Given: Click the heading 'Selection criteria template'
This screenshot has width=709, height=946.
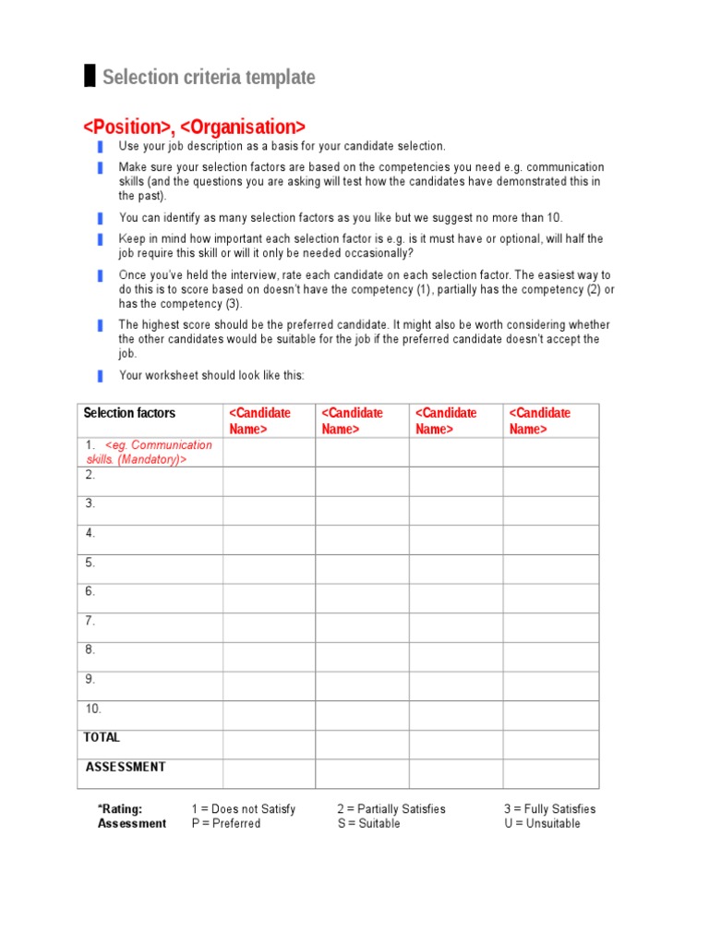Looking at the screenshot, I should pyautogui.click(x=209, y=78).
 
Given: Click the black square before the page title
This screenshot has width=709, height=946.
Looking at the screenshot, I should pyautogui.click(x=90, y=77).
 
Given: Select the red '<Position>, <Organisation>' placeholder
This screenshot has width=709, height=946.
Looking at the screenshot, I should pyautogui.click(x=194, y=126).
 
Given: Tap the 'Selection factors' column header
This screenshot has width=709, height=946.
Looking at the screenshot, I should pyautogui.click(x=129, y=413).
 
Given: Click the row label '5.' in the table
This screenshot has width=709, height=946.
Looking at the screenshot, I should pyautogui.click(x=90, y=563).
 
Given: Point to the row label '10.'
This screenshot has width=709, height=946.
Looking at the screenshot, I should pyautogui.click(x=93, y=709).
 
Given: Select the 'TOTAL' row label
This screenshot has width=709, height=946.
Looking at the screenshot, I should pyautogui.click(x=102, y=737).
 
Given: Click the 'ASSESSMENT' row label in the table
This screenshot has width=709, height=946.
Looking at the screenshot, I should pyautogui.click(x=126, y=767).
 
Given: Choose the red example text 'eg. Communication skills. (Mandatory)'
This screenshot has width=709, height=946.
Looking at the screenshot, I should pyautogui.click(x=152, y=452).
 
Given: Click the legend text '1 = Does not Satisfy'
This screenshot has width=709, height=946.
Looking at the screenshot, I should pyautogui.click(x=244, y=809).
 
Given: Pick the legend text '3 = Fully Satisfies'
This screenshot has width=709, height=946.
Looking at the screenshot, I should pyautogui.click(x=550, y=809).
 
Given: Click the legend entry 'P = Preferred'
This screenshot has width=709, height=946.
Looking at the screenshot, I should pyautogui.click(x=226, y=824).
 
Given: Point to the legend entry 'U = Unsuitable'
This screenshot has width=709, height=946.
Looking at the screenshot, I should pyautogui.click(x=543, y=824).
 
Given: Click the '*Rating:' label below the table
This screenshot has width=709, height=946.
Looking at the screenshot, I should pyautogui.click(x=120, y=809).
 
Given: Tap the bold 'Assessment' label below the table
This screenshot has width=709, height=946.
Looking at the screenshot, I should pyautogui.click(x=132, y=824).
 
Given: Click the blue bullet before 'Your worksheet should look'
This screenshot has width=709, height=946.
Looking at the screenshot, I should pyautogui.click(x=100, y=376).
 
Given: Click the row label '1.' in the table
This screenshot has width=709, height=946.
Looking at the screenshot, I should pyautogui.click(x=90, y=445).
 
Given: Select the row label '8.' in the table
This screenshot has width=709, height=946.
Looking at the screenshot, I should pyautogui.click(x=90, y=649).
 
